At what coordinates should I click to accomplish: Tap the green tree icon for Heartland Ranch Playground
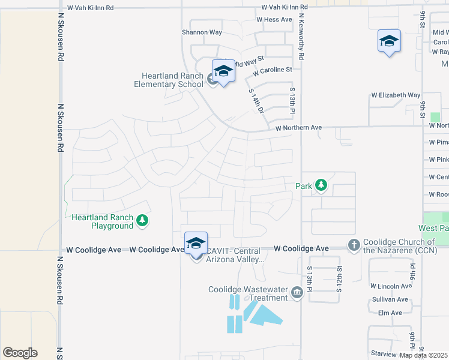pyautogui.click(x=142, y=221)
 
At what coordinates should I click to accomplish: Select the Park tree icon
pyautogui.click(x=321, y=185)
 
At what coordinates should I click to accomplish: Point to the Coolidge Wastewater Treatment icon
pyautogui.click(x=297, y=293)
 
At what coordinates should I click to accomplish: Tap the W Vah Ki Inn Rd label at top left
pyautogui.click(x=90, y=8)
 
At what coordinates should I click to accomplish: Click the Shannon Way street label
pyautogui.click(x=202, y=32)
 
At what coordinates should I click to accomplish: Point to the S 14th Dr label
pyautogui.click(x=256, y=101)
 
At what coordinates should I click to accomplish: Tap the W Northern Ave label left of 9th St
pyautogui.click(x=299, y=128)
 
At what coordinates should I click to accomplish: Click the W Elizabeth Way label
pyautogui.click(x=396, y=95)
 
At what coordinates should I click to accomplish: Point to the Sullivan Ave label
pyautogui.click(x=390, y=299)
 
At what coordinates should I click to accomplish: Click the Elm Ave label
pyautogui.click(x=390, y=313)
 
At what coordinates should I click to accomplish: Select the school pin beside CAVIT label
pyautogui.click(x=196, y=244)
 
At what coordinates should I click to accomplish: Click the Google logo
pyautogui.click(x=20, y=353)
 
